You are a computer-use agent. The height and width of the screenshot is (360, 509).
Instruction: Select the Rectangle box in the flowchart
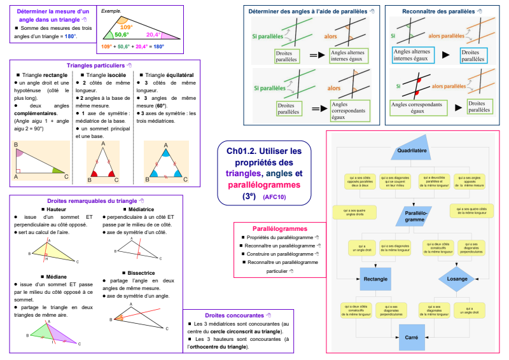(376, 279)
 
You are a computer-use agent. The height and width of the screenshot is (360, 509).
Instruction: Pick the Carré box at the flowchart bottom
(411, 336)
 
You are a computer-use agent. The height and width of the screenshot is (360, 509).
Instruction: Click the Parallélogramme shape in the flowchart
(414, 216)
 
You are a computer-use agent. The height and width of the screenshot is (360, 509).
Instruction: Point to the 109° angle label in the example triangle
(126, 27)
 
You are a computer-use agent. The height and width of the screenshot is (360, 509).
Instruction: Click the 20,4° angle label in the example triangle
(153, 35)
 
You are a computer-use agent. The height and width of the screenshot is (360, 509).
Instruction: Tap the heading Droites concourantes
(234, 315)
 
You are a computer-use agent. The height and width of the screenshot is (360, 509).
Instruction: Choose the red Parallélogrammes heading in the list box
(280, 228)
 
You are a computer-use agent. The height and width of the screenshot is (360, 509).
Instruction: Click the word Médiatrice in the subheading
(141, 209)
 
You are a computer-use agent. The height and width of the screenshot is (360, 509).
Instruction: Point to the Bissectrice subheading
(141, 272)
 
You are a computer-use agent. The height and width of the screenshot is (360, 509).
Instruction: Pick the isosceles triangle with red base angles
(104, 162)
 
